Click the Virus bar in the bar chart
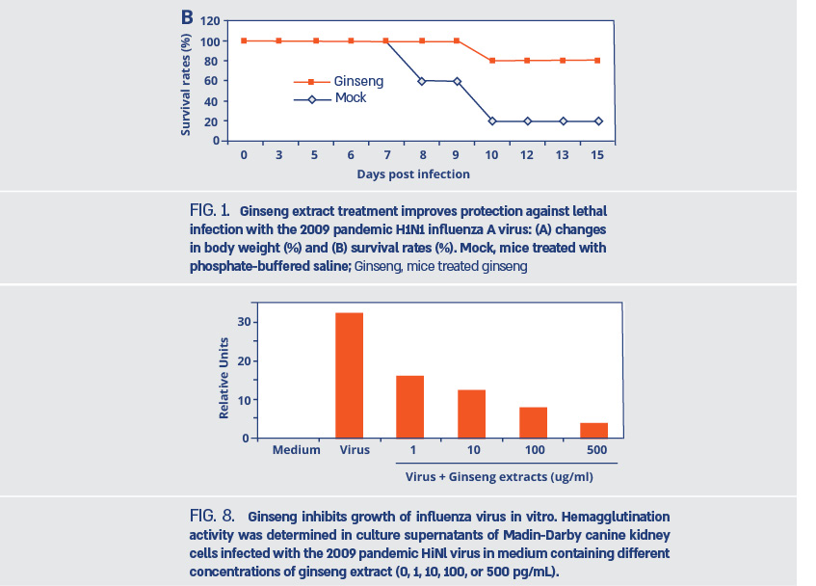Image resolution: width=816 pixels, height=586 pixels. (x=349, y=376)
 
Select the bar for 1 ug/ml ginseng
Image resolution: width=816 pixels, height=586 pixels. (x=409, y=407)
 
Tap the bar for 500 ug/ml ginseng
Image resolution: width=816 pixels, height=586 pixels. (x=593, y=430)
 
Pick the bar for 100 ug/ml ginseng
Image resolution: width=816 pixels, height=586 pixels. (x=533, y=422)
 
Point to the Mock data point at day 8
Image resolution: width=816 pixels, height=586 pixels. (x=421, y=81)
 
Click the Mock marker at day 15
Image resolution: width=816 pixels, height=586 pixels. (x=597, y=121)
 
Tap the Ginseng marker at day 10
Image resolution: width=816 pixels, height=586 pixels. (x=491, y=61)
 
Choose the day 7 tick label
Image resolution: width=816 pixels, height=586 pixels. (x=385, y=155)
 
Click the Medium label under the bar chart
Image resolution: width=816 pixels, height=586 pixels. (x=297, y=450)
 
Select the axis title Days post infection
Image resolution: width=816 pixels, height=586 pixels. (x=413, y=174)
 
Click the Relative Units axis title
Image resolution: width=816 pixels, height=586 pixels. (x=224, y=377)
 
